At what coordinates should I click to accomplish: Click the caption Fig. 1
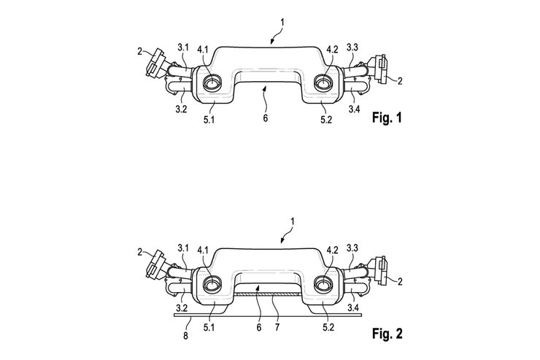coord(387,118)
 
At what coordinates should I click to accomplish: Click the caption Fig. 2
coord(387,334)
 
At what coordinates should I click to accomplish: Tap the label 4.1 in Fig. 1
coord(203,50)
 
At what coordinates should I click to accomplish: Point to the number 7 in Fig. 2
coord(277,327)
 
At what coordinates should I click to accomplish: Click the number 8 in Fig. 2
coord(185,335)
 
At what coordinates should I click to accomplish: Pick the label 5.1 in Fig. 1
coord(209,120)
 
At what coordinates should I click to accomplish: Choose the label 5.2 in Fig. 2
coord(328,327)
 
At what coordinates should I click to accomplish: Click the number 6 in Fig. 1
coord(265,118)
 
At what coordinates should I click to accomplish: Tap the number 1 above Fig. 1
coord(282,23)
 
